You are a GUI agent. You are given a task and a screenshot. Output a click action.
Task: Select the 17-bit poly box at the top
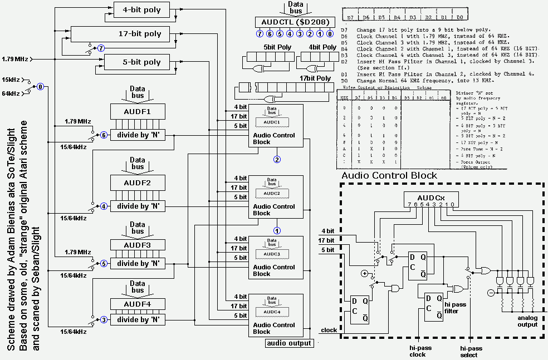coord(140,34)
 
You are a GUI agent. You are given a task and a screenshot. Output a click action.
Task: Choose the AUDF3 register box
coord(138,245)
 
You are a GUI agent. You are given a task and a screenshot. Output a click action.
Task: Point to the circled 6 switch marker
coord(104,135)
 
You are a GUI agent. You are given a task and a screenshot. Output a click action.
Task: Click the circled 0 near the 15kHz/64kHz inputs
coord(40,87)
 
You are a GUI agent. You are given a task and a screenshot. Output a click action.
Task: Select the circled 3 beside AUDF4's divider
coord(104,320)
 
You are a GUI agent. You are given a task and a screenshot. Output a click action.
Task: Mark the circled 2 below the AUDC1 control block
coord(277,159)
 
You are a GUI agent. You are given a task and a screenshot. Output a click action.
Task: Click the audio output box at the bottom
coord(289,343)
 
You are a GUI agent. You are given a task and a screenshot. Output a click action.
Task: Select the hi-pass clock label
coord(417,351)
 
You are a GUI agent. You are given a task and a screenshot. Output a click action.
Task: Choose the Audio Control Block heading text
coord(389,176)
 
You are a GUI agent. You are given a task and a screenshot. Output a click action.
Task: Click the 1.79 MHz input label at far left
coord(15,58)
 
